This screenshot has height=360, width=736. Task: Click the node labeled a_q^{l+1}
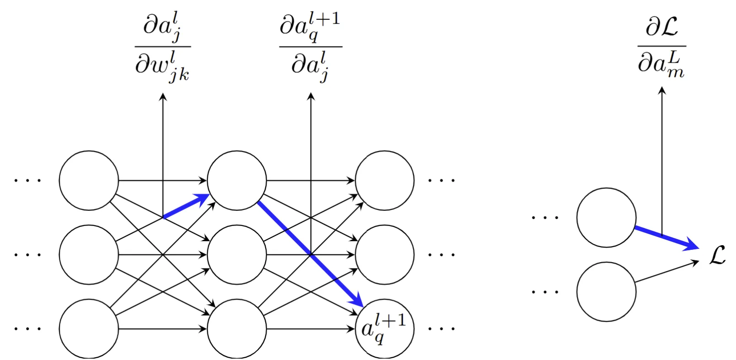click(384, 328)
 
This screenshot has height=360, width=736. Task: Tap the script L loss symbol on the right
click(718, 255)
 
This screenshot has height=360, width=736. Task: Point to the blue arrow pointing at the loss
click(667, 237)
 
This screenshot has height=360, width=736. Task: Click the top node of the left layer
click(89, 181)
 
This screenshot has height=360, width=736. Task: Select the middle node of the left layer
click(89, 254)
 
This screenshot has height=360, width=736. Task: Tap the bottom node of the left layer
click(89, 328)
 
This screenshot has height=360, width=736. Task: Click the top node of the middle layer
click(237, 181)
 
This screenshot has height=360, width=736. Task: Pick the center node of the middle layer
click(237, 254)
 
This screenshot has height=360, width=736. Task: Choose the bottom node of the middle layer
click(237, 328)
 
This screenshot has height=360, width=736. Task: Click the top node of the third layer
click(384, 181)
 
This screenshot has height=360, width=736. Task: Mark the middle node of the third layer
click(384, 254)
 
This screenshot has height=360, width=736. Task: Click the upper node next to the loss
click(606, 218)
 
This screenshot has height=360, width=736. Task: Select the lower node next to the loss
click(606, 291)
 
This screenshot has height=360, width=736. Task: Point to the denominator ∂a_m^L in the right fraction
click(661, 64)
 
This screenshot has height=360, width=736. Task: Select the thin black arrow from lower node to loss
click(667, 272)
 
